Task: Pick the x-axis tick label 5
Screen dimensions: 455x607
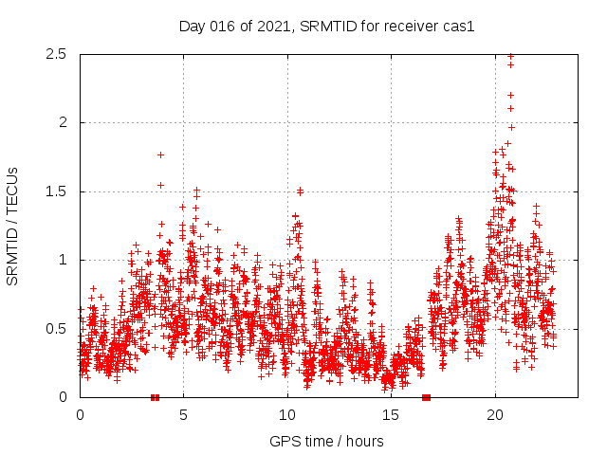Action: [x=184, y=415]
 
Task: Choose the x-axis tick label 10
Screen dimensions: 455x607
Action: [x=287, y=415]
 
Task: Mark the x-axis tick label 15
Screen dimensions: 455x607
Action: [x=392, y=415]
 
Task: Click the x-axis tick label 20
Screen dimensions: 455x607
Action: [x=495, y=415]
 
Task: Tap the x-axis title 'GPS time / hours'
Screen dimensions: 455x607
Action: [x=326, y=441]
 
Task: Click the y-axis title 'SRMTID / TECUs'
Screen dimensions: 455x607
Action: [x=13, y=226]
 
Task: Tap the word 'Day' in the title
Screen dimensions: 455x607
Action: [x=192, y=26]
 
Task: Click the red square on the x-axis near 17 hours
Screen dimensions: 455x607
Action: [x=427, y=397]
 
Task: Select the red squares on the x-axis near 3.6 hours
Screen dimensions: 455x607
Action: [x=155, y=397]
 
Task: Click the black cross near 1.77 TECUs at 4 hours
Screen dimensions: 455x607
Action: [x=160, y=155]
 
